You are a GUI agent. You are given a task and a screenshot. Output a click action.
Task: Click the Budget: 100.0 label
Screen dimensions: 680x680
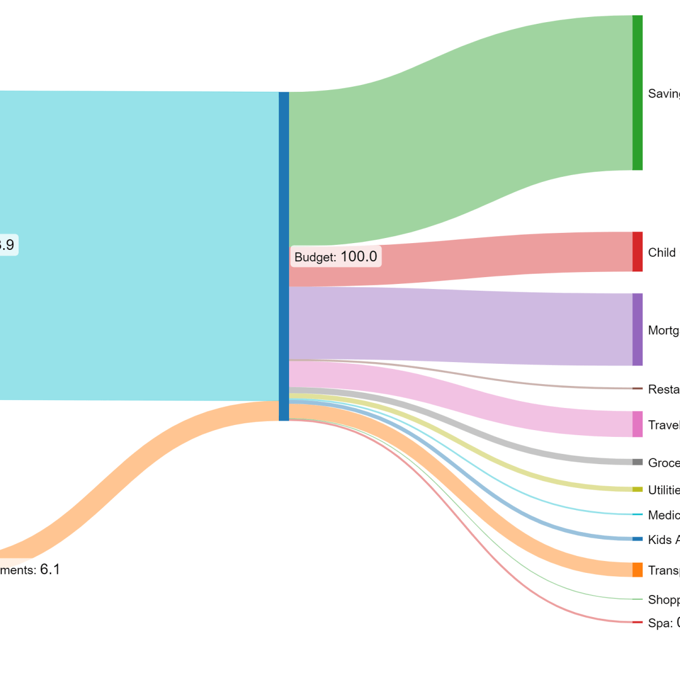(x=335, y=257)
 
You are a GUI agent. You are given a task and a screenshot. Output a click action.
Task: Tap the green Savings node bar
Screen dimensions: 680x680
(x=637, y=93)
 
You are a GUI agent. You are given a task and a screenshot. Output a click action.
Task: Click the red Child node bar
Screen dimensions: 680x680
(x=637, y=252)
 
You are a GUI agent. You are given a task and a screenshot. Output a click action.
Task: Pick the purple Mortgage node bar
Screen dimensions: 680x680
(x=637, y=329)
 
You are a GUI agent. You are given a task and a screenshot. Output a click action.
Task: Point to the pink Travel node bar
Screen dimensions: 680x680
(x=637, y=424)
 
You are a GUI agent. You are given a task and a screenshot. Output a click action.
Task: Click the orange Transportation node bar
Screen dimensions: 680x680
(x=637, y=569)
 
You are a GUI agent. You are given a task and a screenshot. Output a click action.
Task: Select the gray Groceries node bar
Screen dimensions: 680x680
(x=637, y=462)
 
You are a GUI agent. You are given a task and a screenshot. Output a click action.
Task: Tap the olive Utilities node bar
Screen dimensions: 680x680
(x=637, y=489)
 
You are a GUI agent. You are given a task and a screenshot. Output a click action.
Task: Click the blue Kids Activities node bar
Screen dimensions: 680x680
(x=637, y=539)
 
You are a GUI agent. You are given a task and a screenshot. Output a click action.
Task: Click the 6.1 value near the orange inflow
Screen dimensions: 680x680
(x=50, y=569)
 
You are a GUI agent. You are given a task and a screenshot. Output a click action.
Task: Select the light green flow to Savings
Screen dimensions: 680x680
(x=453, y=130)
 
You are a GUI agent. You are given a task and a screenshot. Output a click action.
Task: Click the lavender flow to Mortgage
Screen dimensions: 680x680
(x=453, y=326)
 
